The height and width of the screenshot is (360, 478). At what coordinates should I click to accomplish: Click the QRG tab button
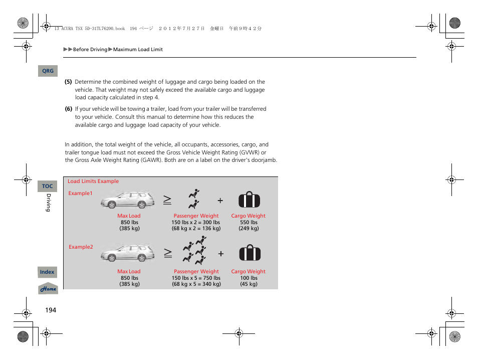click(48, 71)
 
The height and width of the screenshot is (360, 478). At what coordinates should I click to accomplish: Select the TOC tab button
click(47, 186)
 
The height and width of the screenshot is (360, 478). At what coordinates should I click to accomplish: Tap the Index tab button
click(47, 272)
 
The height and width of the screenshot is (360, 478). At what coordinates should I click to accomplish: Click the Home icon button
click(48, 289)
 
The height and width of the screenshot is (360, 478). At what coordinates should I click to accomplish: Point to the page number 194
click(51, 310)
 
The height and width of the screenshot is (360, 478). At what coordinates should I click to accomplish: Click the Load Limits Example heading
click(93, 182)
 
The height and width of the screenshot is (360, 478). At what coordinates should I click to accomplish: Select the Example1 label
click(81, 193)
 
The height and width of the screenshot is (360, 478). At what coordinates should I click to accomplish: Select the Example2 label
click(81, 247)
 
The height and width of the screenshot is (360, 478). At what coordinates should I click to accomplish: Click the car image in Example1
click(128, 200)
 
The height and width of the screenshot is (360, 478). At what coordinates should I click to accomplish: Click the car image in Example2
click(128, 254)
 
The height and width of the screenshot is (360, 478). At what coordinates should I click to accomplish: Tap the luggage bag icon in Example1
click(249, 200)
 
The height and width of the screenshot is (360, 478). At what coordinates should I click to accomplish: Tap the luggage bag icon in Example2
click(249, 253)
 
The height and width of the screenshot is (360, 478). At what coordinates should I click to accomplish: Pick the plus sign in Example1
click(220, 200)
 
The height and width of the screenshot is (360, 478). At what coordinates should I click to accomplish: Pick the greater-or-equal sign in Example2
click(167, 254)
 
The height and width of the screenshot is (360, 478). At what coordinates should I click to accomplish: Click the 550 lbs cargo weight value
click(249, 222)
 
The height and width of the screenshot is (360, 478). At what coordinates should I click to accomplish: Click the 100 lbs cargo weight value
click(249, 278)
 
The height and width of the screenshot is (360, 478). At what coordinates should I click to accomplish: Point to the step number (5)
click(68, 82)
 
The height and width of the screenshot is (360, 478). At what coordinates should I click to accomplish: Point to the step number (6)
click(68, 109)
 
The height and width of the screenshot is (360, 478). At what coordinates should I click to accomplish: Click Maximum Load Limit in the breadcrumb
click(138, 50)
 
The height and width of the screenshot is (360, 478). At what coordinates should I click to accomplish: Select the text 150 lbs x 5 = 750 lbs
click(196, 278)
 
